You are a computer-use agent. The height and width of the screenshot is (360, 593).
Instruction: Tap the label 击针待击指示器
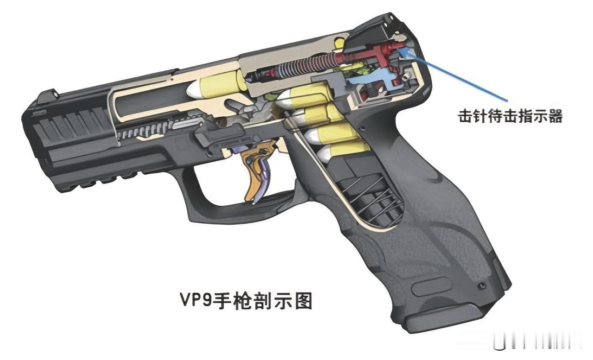click(x=510, y=116)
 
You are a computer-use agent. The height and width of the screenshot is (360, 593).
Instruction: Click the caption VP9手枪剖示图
click(x=246, y=301)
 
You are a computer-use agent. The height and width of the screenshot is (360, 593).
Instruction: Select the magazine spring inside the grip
click(x=371, y=195)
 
